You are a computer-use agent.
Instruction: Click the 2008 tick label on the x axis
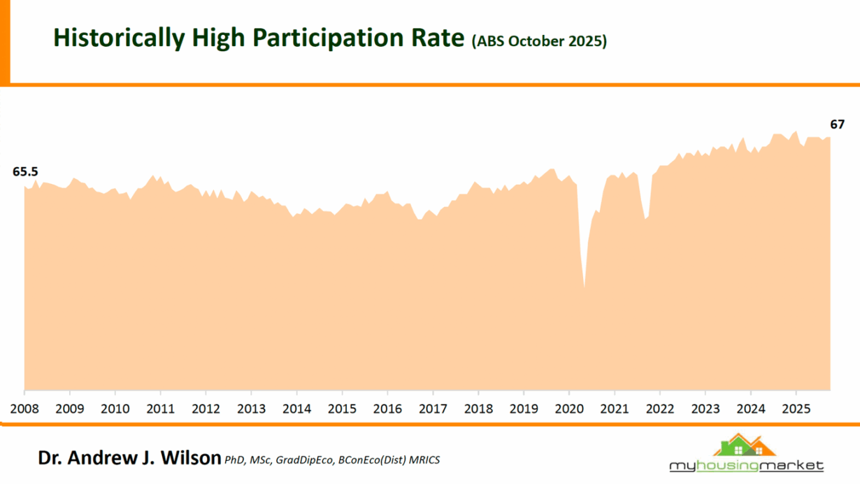point(24,408)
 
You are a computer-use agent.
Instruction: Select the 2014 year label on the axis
point(296,408)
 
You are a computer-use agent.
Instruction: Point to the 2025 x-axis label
point(796,408)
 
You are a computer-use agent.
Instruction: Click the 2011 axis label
point(160,408)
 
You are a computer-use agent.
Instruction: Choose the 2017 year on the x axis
point(433,408)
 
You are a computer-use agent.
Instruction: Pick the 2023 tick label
point(705,408)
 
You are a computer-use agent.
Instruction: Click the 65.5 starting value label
point(25,171)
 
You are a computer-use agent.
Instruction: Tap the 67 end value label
point(837,124)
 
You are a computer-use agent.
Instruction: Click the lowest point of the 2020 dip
point(585,287)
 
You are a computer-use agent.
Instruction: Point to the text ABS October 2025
point(539,41)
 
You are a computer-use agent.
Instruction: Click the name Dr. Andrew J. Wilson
point(129,459)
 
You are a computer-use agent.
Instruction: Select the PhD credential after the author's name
point(234,460)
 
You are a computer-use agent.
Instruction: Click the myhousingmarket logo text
point(746,466)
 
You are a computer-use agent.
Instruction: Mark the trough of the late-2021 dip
point(645,220)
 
